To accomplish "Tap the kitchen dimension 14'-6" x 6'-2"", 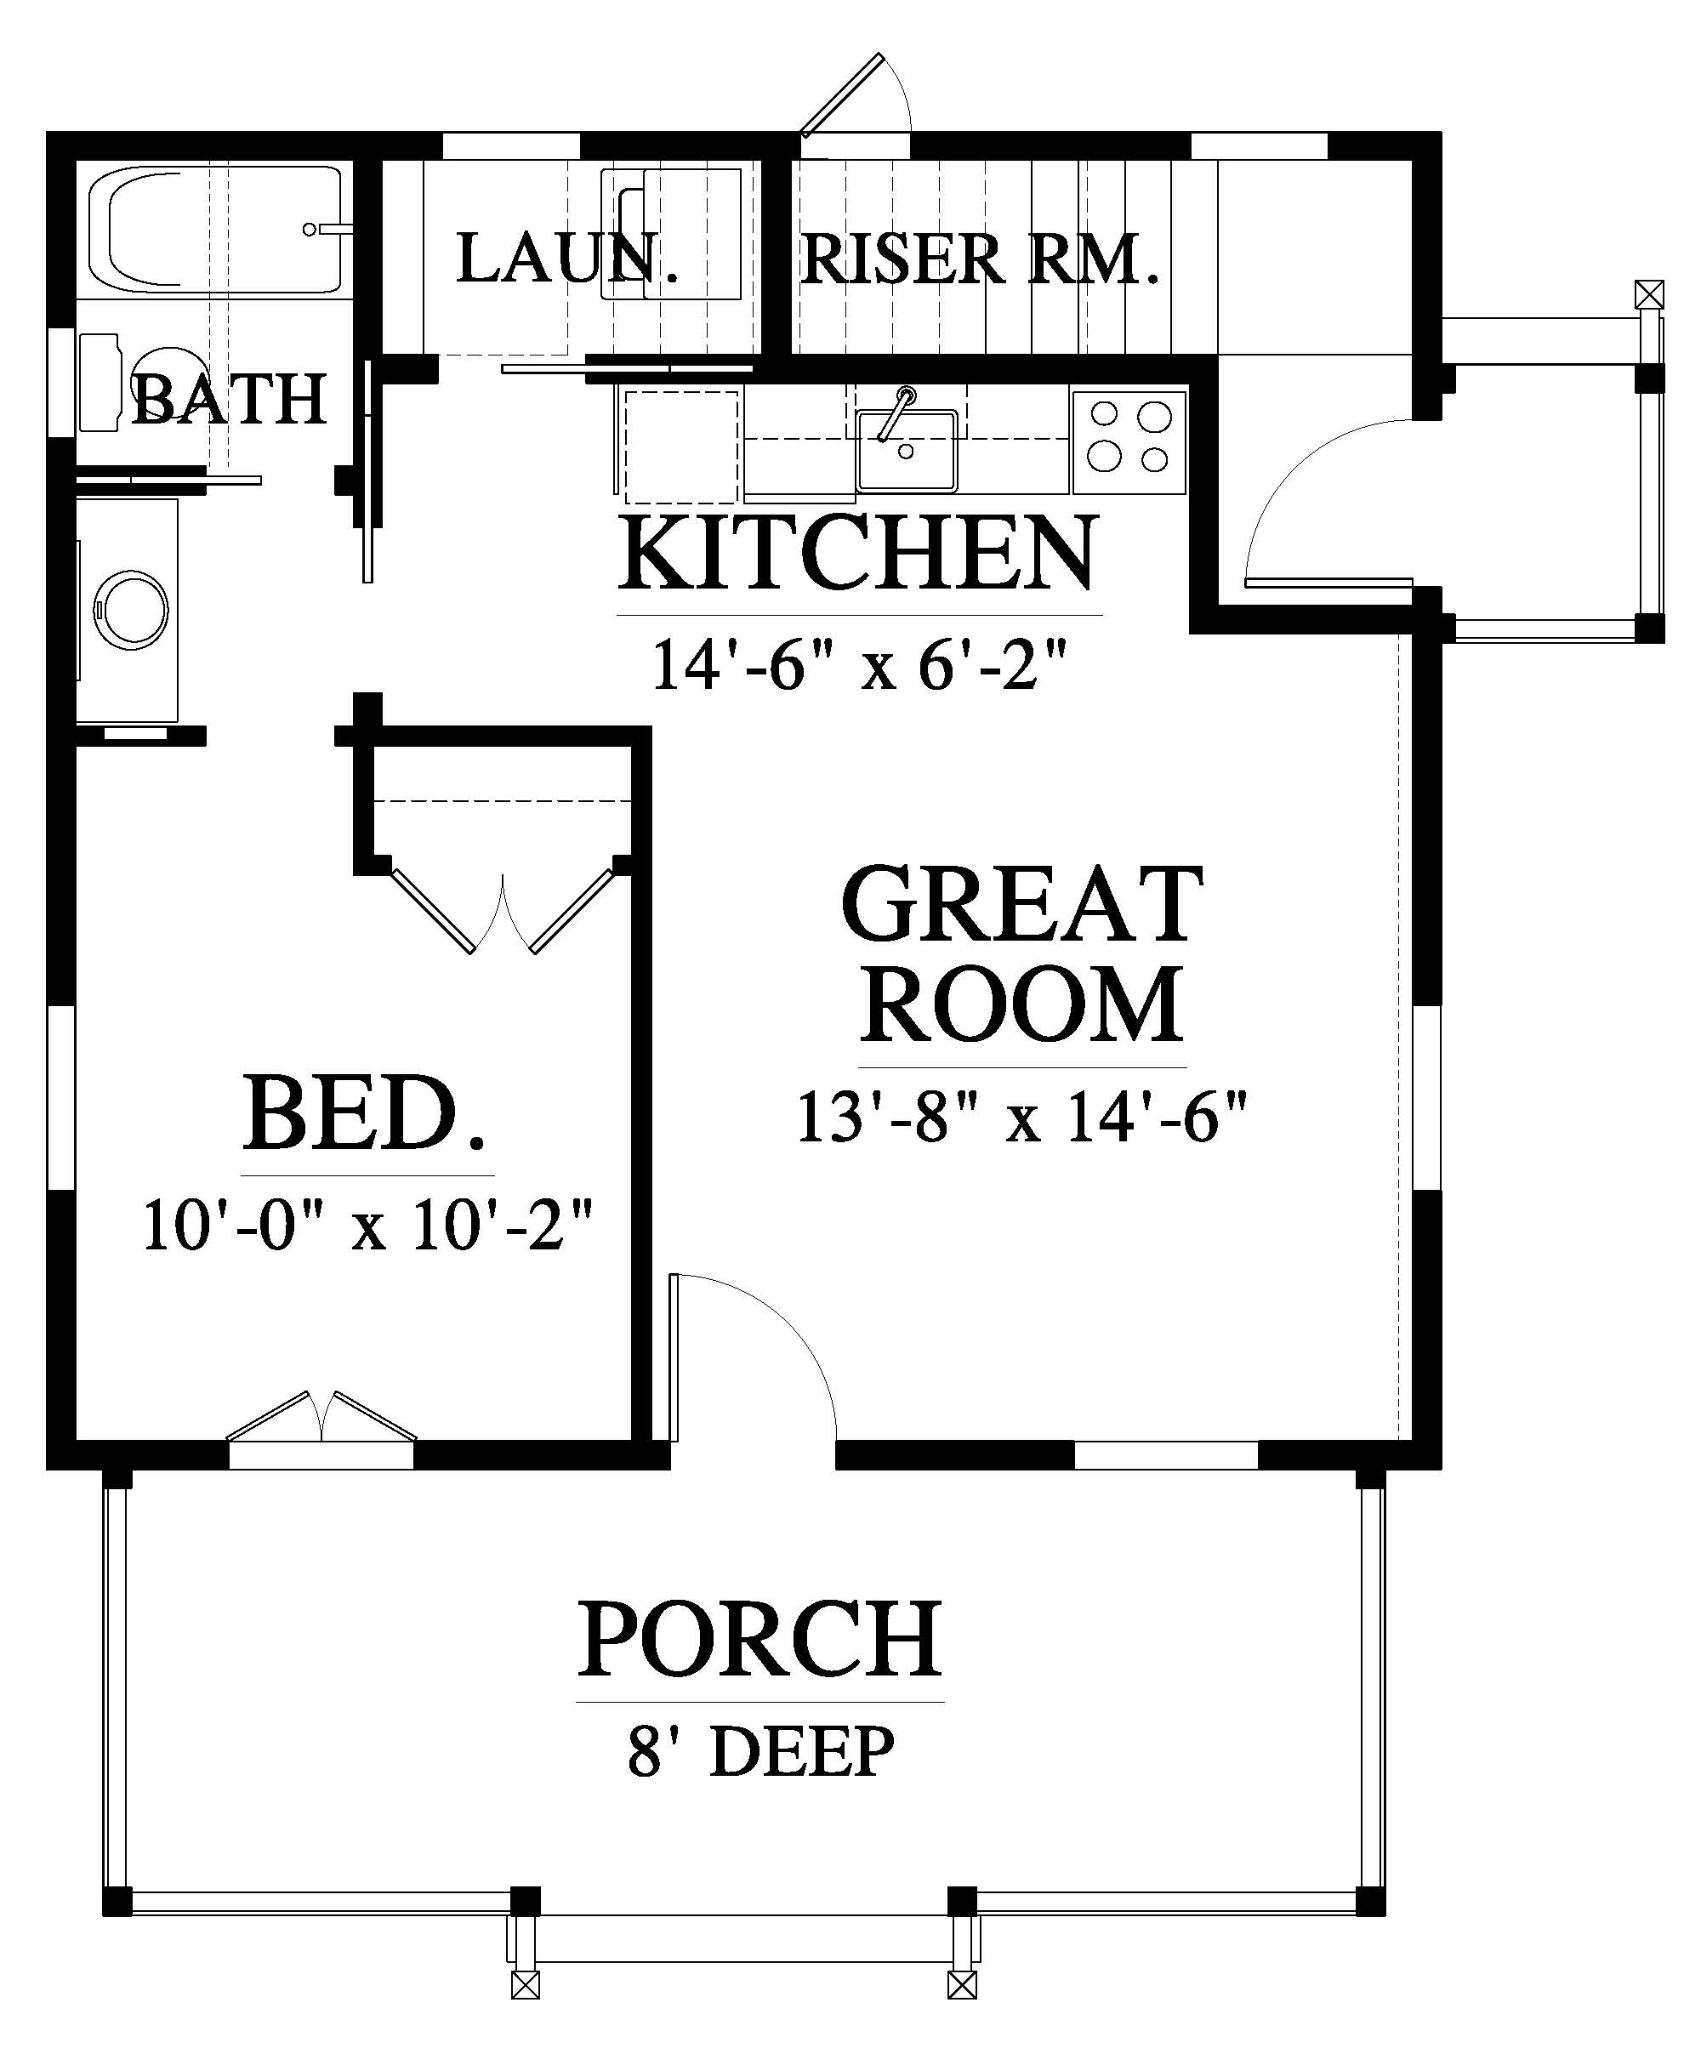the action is click(856, 666).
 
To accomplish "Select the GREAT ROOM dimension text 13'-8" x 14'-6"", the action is click(1022, 1117).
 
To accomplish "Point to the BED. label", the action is click(366, 1112).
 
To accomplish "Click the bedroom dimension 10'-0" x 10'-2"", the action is click(367, 1226).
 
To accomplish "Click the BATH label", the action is click(228, 399).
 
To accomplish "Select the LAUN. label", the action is click(566, 259).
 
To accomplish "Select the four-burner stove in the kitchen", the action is click(1129, 441).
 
